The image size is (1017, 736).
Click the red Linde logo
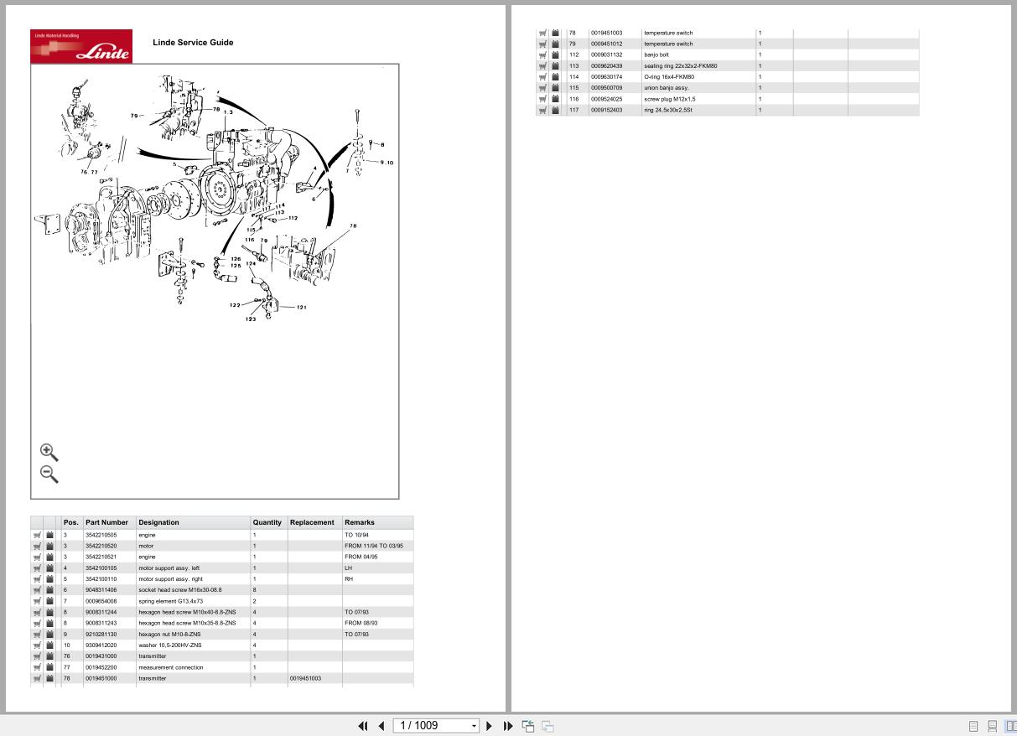(x=81, y=46)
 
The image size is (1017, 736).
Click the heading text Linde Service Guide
(x=193, y=43)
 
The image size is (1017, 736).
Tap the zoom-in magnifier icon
(x=49, y=453)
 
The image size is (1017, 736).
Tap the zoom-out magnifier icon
(x=49, y=474)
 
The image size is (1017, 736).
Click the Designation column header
(x=158, y=522)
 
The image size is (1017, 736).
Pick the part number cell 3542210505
(x=101, y=535)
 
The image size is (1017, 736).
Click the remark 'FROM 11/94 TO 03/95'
(x=373, y=546)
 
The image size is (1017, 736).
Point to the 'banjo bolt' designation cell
(x=656, y=54)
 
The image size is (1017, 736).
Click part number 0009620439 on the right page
(x=606, y=65)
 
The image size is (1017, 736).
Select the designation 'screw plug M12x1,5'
(x=669, y=99)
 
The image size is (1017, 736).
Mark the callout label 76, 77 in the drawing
(x=89, y=172)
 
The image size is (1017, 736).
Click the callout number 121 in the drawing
(x=302, y=308)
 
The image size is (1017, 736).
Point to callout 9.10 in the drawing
(x=386, y=163)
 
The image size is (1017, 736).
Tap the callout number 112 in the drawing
(x=293, y=218)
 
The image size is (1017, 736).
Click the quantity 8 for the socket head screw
(x=255, y=590)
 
